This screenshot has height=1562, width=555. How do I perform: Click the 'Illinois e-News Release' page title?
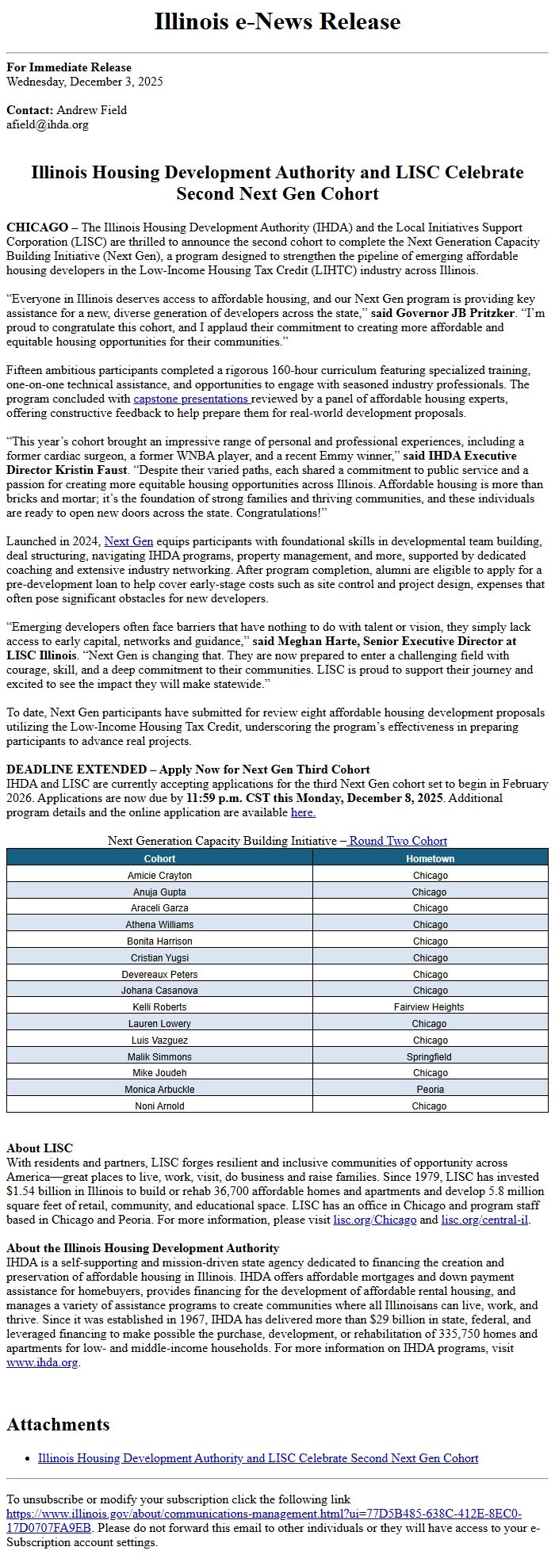[277, 21]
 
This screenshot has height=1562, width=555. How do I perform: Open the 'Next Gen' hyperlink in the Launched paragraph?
[128, 541]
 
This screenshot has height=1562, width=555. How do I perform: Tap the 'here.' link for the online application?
[303, 812]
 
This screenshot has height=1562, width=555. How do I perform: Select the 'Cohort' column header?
[159, 858]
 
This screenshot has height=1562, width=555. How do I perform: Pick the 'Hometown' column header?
[430, 858]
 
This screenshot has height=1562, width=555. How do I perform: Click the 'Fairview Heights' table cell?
[429, 1007]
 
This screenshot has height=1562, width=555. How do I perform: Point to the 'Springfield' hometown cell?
[429, 1057]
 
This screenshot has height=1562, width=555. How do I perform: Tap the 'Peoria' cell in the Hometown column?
[430, 1090]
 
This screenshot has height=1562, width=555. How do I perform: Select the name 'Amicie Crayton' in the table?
[159, 876]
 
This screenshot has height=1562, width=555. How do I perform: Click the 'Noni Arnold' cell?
[159, 1106]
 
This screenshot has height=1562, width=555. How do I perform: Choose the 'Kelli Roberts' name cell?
[159, 1007]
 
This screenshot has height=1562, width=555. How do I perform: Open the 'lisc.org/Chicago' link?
[374, 1220]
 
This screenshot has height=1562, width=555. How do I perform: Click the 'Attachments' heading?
[58, 1424]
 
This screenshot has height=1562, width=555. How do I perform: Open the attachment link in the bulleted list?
[258, 1458]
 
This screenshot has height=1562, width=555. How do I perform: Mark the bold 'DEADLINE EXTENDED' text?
[76, 770]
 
